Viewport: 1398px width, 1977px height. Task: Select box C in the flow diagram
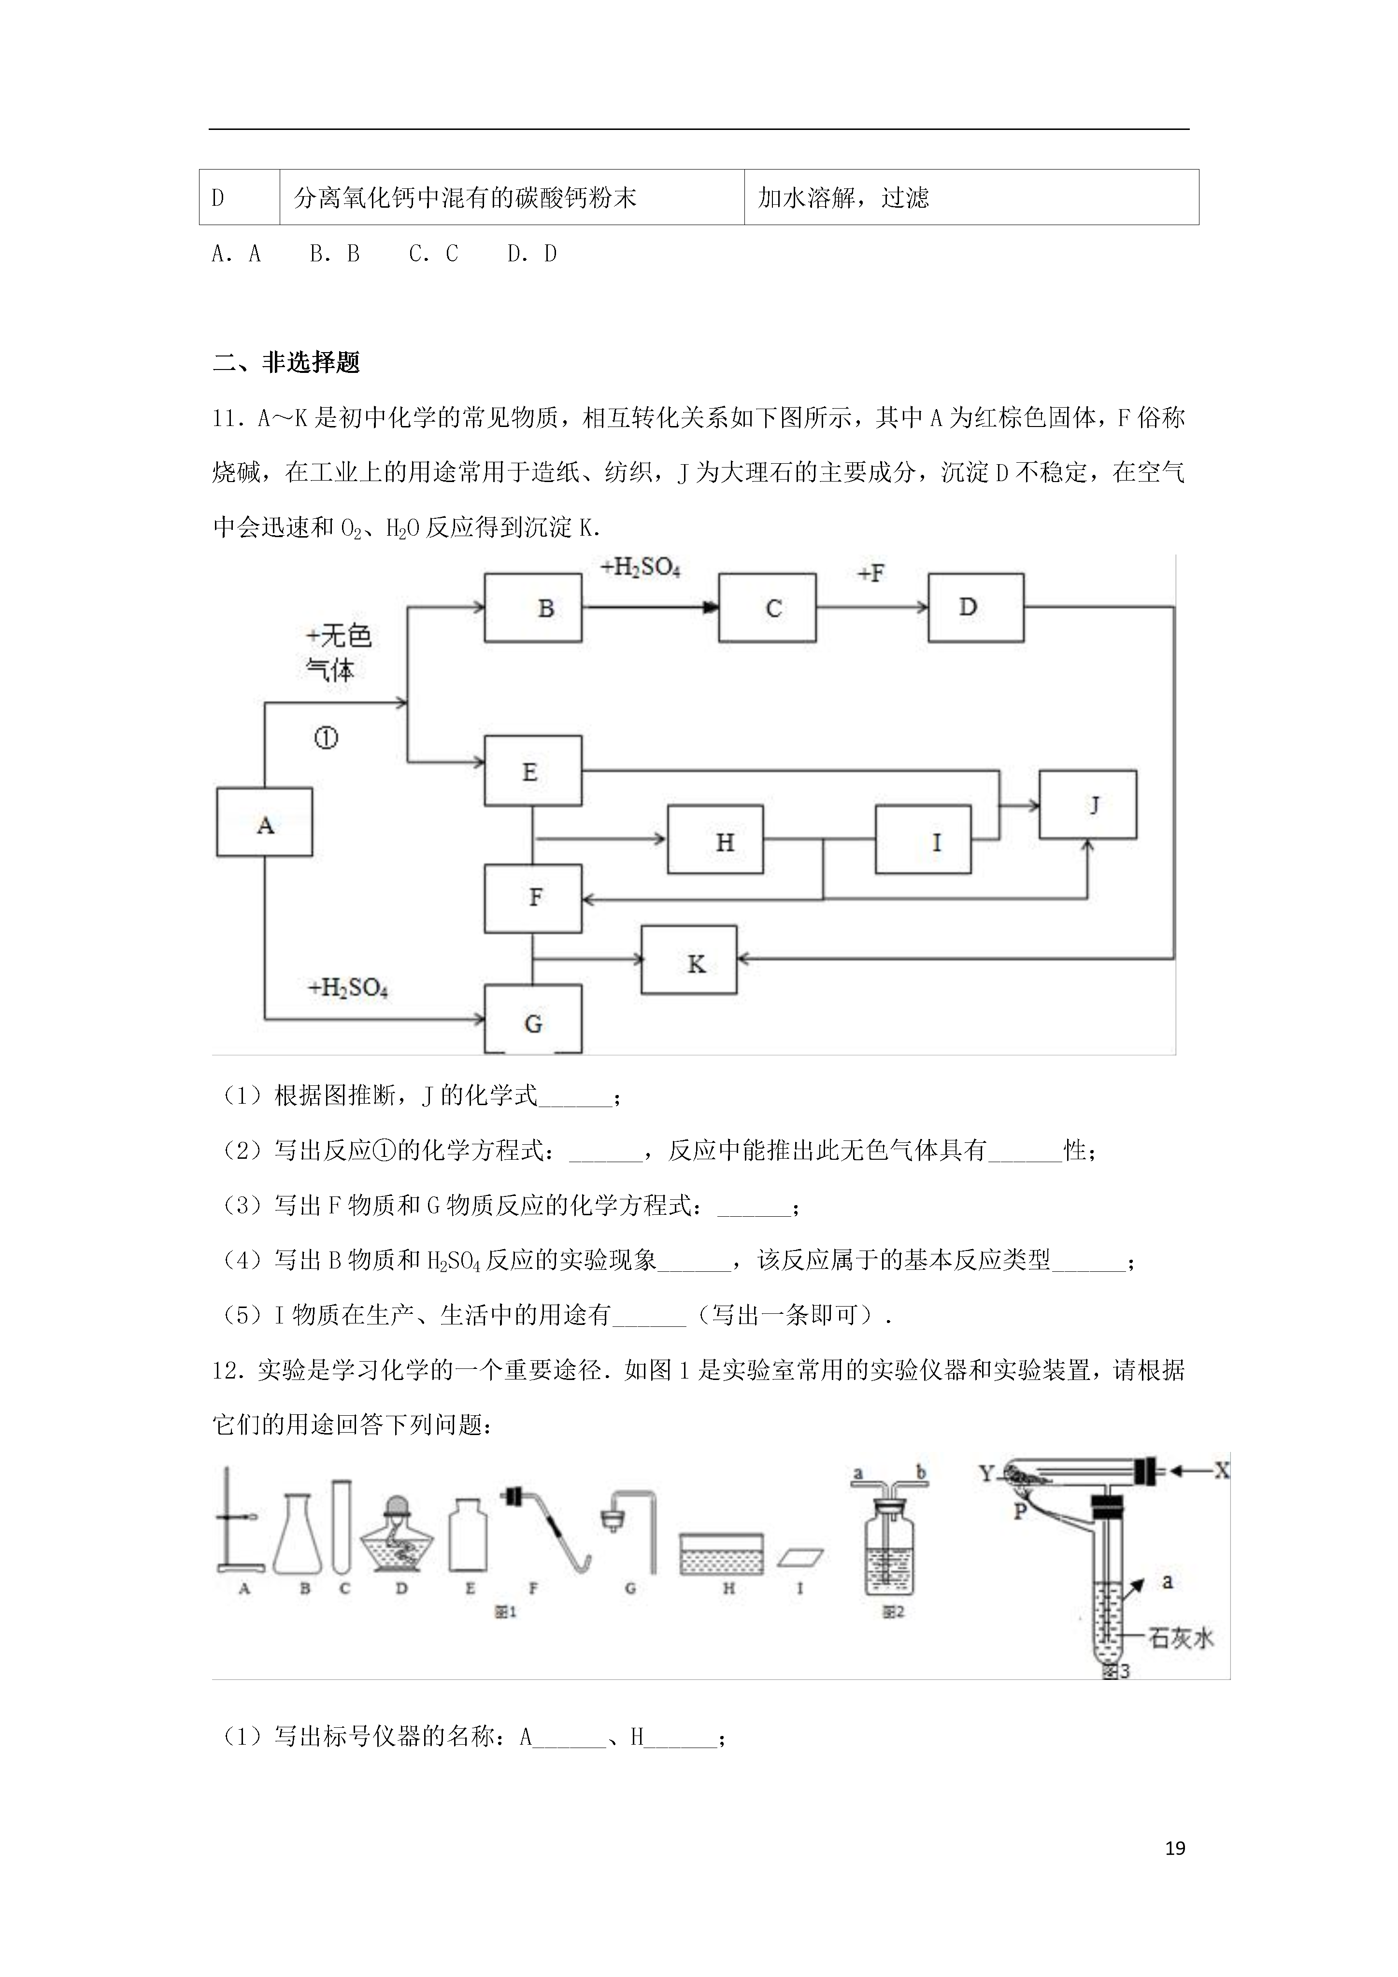[x=768, y=608]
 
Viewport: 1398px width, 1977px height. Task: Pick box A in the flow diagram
[x=264, y=822]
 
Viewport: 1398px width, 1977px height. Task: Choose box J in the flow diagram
[x=1088, y=805]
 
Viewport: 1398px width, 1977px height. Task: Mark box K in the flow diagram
[x=689, y=960]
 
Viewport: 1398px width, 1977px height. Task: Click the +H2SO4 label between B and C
[x=641, y=568]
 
